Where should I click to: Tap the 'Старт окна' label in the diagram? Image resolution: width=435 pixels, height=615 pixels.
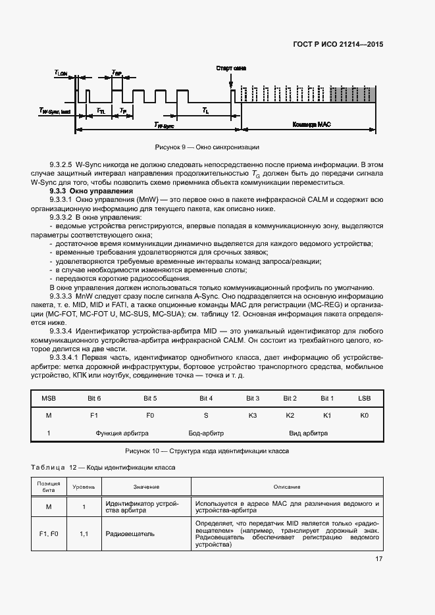[231, 68]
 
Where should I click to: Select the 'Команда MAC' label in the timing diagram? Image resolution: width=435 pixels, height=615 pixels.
[309, 124]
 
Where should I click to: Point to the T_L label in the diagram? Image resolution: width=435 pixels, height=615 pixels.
[206, 111]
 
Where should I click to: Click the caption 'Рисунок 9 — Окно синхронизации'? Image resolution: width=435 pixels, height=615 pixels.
[207, 147]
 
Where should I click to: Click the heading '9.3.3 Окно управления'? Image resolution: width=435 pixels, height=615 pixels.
[82, 191]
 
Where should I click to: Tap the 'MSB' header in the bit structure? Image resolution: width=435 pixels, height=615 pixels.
[49, 399]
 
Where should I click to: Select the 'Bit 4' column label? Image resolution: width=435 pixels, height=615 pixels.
[206, 399]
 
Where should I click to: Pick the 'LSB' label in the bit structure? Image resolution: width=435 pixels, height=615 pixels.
[365, 399]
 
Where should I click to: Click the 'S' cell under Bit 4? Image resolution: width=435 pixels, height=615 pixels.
[206, 416]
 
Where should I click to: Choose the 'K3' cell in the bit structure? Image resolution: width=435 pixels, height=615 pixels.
[253, 416]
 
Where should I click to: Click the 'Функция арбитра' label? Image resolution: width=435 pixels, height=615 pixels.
[122, 433]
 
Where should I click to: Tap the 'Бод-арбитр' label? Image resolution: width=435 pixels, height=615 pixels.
[206, 433]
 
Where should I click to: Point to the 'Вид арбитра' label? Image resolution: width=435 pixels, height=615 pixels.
[309, 433]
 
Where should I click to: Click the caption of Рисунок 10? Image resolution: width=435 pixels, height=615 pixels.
[207, 452]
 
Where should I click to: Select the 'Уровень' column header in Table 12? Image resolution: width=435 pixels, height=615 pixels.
[84, 487]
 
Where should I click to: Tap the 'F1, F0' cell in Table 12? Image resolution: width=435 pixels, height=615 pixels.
[49, 533]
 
